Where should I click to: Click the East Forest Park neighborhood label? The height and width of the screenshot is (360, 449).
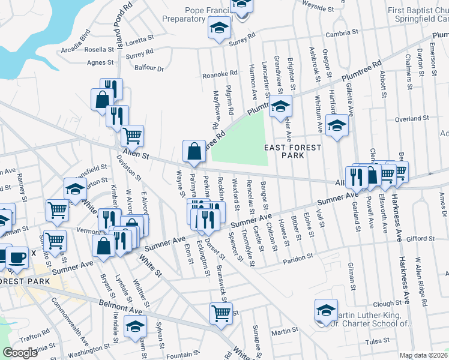click(293, 151)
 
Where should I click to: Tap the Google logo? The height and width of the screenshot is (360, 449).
click(20, 353)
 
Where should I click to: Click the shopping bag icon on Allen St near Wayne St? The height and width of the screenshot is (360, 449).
click(195, 153)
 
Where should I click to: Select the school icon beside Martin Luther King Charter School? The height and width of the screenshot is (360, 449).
click(326, 311)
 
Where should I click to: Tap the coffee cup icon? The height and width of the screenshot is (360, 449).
click(17, 257)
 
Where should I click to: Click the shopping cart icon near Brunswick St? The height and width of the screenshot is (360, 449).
click(221, 313)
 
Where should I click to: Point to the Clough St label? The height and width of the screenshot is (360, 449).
click(387, 304)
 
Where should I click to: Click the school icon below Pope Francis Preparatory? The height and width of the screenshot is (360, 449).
click(219, 28)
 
